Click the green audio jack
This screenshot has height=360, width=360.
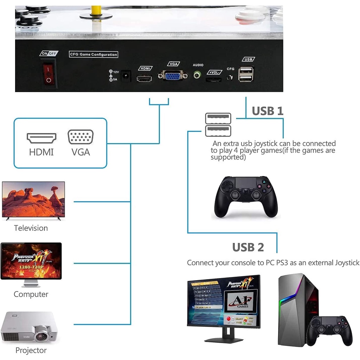(x=198, y=75)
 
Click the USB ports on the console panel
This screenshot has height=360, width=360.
(x=246, y=74)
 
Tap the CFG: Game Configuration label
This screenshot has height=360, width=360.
(x=93, y=54)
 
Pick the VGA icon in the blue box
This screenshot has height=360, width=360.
(x=81, y=137)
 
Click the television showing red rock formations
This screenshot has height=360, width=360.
(x=33, y=200)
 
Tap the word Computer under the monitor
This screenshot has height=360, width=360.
(x=31, y=294)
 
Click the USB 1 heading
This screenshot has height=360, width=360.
(x=268, y=111)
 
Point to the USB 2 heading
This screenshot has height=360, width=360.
(x=248, y=247)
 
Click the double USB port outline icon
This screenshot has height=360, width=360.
(x=218, y=124)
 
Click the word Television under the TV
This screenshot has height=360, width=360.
(x=31, y=228)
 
